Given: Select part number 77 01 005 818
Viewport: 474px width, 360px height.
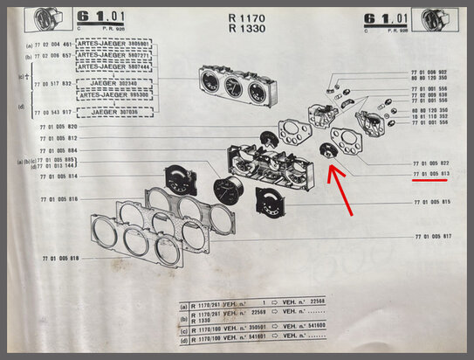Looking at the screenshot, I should click(60, 260).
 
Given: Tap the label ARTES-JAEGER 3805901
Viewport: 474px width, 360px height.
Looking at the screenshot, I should click(113, 42).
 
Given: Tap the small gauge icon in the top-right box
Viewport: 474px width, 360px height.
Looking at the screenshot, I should click(441, 20).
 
